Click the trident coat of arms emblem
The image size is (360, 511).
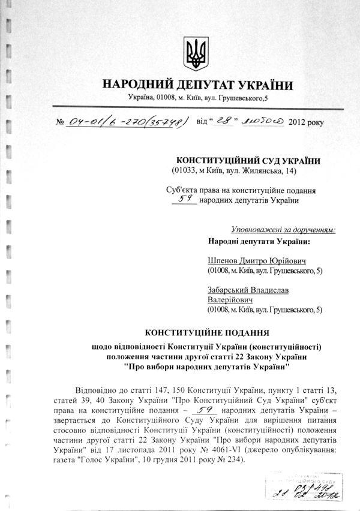[x=196, y=54]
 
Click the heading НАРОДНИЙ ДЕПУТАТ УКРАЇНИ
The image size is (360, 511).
[x=197, y=85]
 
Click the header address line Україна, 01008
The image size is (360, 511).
[x=197, y=98]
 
